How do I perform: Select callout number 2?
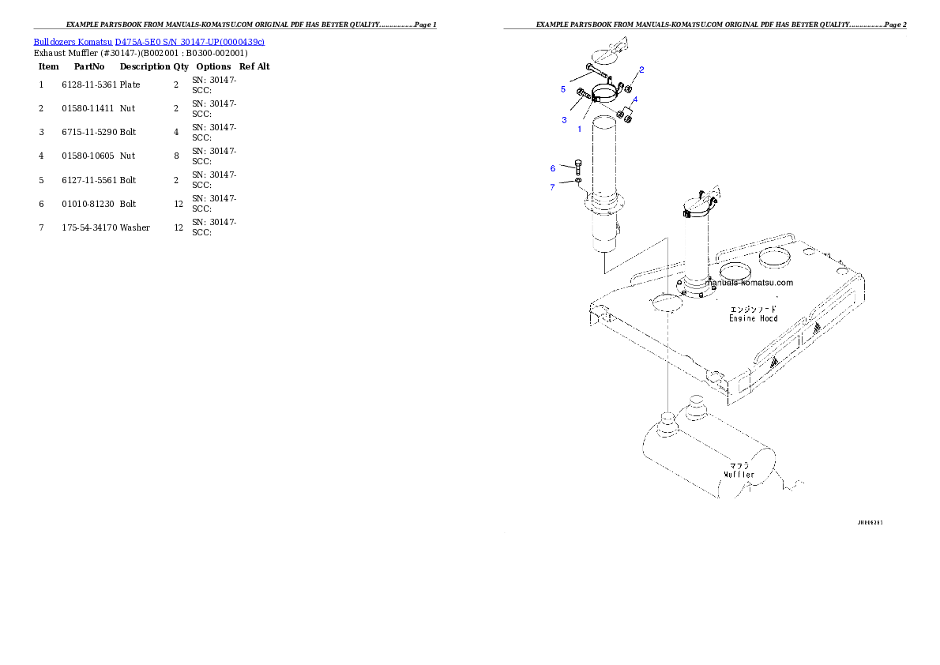641,70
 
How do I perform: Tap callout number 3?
564,120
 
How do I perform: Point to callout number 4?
634,100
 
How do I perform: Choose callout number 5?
563,89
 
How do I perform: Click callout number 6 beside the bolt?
553,168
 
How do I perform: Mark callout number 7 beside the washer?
553,187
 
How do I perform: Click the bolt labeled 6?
578,167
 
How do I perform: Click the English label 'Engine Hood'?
753,318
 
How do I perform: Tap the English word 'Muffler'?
739,475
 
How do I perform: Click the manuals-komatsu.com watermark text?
749,282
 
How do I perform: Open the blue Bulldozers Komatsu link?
149,41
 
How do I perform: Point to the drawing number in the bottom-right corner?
870,522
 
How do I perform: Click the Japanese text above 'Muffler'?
739,465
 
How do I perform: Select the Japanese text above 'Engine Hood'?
753,308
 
